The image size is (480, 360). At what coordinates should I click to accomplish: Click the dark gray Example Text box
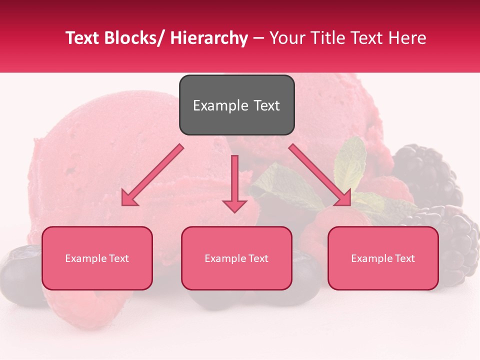tap(236, 105)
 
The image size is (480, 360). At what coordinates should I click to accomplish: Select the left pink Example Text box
tap(97, 258)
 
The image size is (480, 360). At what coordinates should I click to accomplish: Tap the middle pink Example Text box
tap(236, 258)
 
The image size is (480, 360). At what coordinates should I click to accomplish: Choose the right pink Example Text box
tap(383, 258)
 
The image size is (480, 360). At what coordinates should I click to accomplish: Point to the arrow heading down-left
tap(152, 175)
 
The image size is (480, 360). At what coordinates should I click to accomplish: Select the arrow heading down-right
tap(320, 175)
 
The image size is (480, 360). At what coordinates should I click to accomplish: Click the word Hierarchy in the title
tap(209, 38)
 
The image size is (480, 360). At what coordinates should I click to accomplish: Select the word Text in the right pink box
tap(405, 258)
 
